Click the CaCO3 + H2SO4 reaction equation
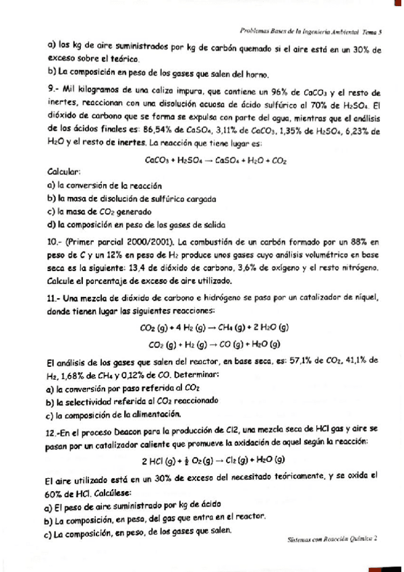tap(216, 161)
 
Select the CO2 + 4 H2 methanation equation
tap(213, 328)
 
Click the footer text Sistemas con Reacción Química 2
tap(331, 539)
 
